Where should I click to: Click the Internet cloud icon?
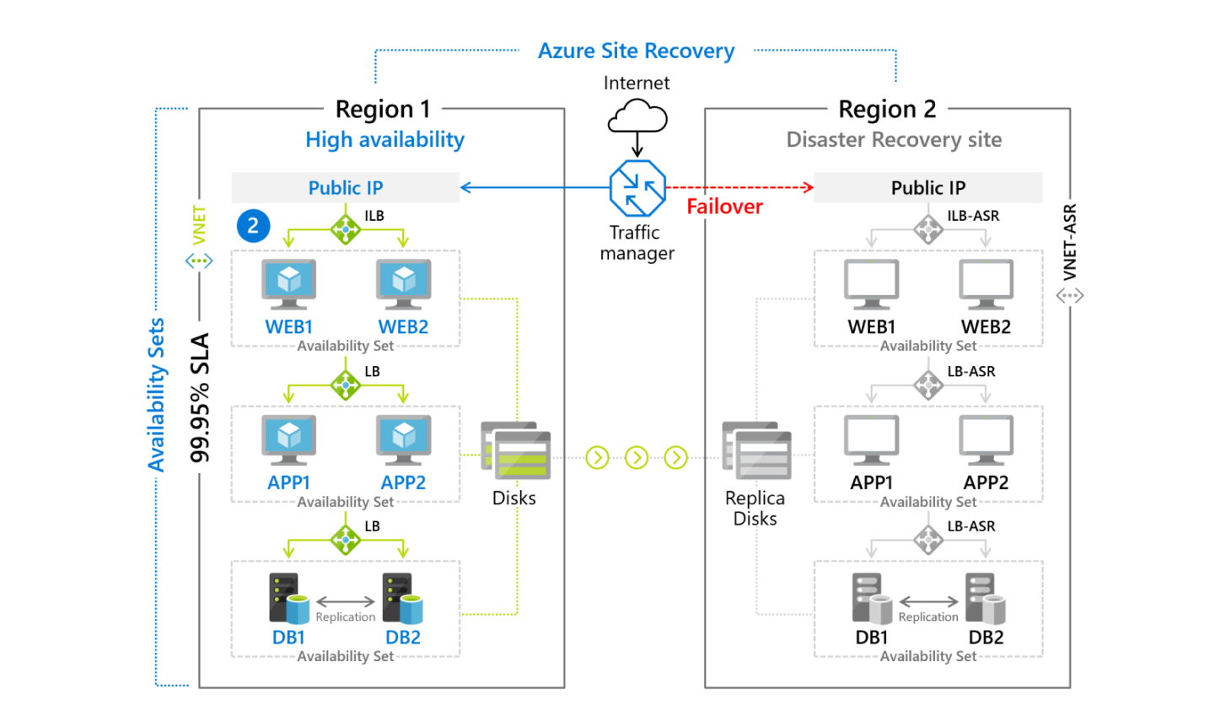[x=637, y=116]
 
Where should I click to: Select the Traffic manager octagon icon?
[x=637, y=188]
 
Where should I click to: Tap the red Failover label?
[x=724, y=207]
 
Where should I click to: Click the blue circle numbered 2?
[x=254, y=226]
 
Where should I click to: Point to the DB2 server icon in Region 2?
[x=985, y=598]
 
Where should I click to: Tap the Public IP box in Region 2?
[x=928, y=188]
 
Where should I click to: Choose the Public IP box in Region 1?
[x=346, y=188]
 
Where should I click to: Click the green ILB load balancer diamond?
[x=346, y=229]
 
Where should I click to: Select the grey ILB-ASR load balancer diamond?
[x=928, y=229]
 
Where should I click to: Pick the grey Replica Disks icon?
[x=756, y=451]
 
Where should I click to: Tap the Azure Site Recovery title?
[x=637, y=51]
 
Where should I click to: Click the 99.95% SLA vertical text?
[x=200, y=397]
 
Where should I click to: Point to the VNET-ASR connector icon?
[x=1070, y=296]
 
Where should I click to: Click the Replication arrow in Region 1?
[x=346, y=601]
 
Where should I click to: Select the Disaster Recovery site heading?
[x=894, y=140]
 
